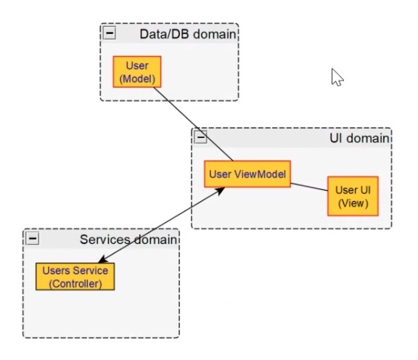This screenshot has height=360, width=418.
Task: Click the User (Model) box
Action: coord(136,72)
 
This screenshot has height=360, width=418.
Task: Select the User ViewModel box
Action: coord(247,174)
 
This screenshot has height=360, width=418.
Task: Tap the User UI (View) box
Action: coord(352,196)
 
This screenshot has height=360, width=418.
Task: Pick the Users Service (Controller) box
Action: coord(75,277)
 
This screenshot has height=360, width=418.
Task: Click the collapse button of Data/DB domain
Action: coord(110,33)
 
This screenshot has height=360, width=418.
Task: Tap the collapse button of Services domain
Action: coord(33,239)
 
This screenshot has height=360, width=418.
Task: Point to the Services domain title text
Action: coord(128,240)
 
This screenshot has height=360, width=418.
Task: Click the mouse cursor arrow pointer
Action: coord(336,76)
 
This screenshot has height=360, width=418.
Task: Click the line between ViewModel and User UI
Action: coord(308,187)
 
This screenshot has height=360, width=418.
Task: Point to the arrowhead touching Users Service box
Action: coord(103,260)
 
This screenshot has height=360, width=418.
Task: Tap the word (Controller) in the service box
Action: coord(75,283)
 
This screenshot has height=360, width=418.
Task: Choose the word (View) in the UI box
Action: coord(352,203)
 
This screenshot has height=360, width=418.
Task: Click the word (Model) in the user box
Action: coord(136,78)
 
